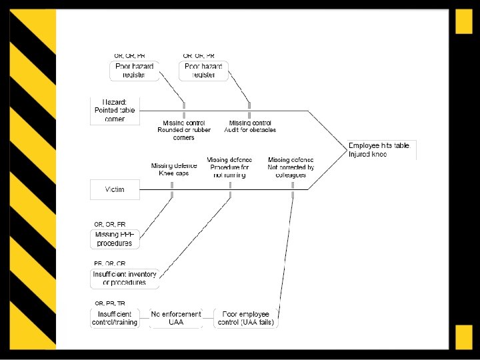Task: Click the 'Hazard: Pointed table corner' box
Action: tap(116, 111)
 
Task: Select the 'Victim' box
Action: tap(115, 189)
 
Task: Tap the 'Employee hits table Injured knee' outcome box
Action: tap(382, 150)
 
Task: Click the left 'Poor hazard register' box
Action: tap(135, 71)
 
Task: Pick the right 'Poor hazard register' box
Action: tap(204, 71)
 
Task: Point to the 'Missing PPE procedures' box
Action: tap(115, 239)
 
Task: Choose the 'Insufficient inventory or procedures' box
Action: tap(125, 278)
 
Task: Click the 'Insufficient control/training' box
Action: tap(115, 318)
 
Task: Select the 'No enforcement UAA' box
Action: tap(176, 318)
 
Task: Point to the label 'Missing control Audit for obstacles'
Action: tap(250, 127)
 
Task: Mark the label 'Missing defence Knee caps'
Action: tap(174, 169)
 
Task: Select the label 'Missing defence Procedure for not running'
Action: tap(230, 167)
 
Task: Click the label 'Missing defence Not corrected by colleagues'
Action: tap(291, 167)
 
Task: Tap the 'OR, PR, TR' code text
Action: tap(110, 303)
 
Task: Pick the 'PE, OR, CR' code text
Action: tap(110, 264)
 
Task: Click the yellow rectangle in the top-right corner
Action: tap(464, 22)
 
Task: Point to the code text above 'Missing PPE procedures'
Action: tap(110, 225)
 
